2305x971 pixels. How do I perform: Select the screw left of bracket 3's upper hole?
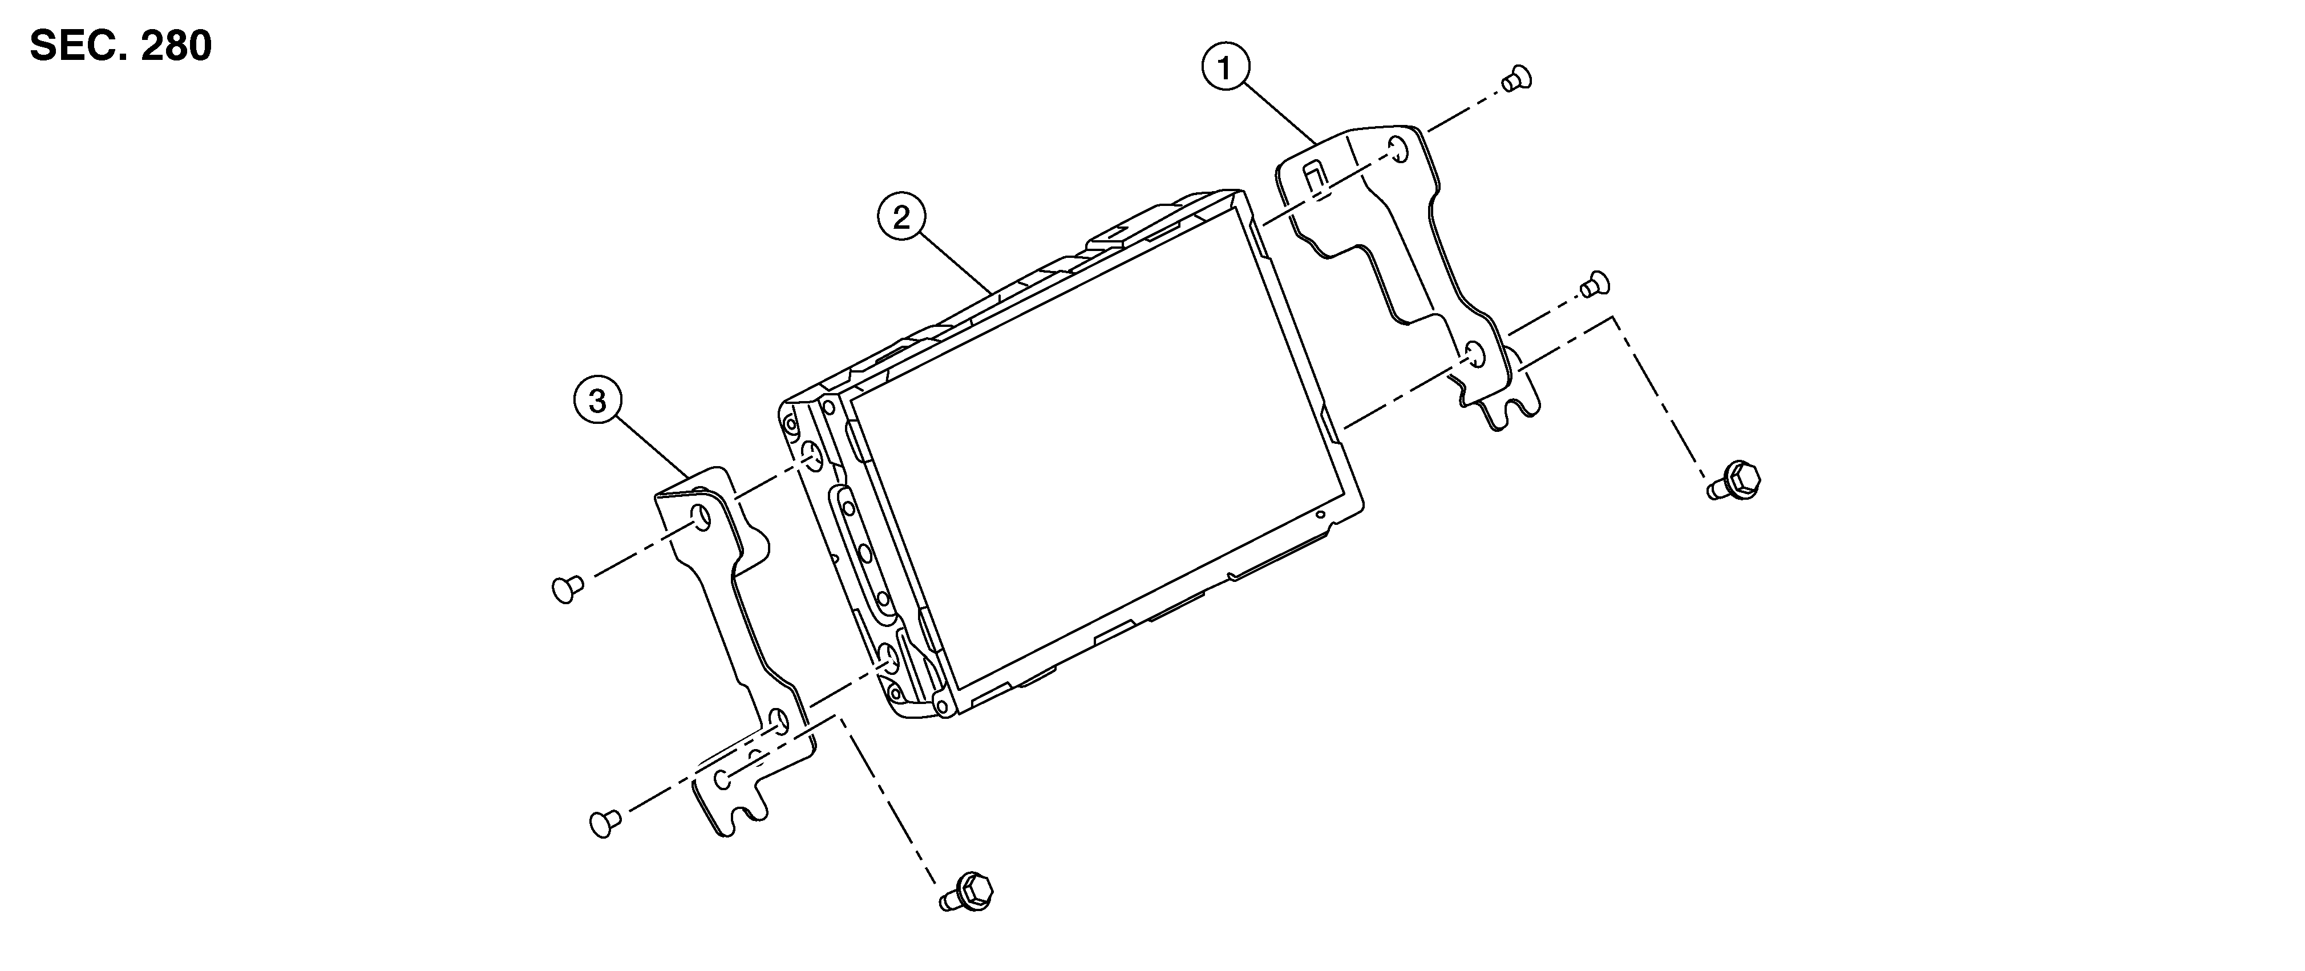pyautogui.click(x=565, y=589)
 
